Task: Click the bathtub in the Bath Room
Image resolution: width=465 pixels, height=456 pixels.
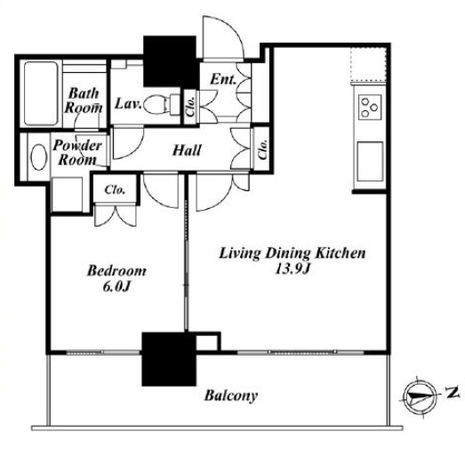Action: coord(41,93)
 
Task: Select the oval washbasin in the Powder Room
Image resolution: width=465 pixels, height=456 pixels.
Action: coord(38,156)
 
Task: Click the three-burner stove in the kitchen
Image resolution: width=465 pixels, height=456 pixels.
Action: coord(370,107)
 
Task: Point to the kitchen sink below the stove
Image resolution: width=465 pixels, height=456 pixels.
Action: coord(370,161)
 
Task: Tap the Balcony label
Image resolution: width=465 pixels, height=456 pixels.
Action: coord(230,396)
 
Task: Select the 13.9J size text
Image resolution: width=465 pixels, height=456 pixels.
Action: coord(293,269)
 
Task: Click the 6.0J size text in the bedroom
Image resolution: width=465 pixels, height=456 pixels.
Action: coord(116,287)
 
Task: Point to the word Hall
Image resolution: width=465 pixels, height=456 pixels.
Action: coord(187,150)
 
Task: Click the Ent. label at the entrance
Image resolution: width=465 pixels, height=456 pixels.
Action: coord(223,79)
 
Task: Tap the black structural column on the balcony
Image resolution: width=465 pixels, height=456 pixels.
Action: coord(169,359)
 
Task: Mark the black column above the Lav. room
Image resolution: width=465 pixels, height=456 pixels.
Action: coord(170,61)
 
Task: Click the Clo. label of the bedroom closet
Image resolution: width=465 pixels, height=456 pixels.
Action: coord(115,189)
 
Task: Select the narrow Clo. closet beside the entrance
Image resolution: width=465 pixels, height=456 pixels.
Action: coord(190,107)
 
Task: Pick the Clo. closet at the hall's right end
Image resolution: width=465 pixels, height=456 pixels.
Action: coord(263,149)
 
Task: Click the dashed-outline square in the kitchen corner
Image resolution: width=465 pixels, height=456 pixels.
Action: coord(369,64)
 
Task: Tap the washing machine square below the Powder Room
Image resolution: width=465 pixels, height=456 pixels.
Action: coord(67,195)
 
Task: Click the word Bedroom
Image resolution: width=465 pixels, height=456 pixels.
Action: coord(116,271)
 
